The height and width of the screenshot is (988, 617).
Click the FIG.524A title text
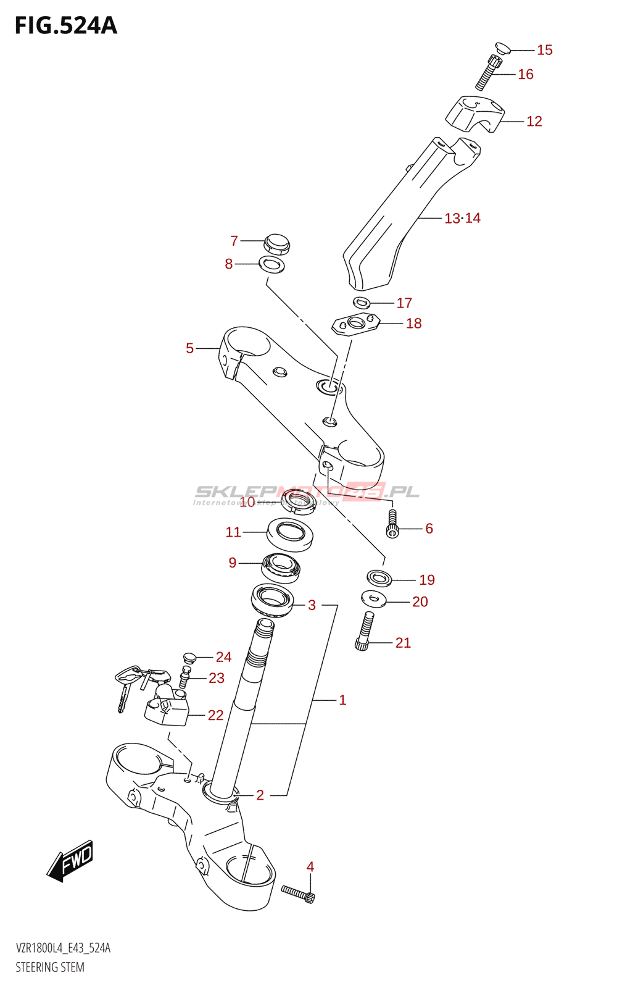[x=65, y=25]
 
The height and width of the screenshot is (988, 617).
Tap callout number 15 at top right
[x=544, y=50]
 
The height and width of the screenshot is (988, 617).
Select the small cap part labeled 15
[x=502, y=48]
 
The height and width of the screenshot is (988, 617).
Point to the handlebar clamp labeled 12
[x=474, y=115]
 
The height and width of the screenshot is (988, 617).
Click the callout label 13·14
[x=462, y=218]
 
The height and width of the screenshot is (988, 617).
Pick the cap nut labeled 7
[x=276, y=244]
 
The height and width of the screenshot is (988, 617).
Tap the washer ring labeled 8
[x=271, y=265]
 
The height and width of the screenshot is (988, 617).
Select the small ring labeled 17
[x=362, y=303]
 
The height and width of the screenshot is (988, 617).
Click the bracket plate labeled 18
[x=356, y=324]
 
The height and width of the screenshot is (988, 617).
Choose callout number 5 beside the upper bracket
[x=190, y=348]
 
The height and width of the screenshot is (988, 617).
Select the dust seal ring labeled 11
[x=291, y=534]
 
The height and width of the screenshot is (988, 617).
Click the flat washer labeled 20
[x=373, y=598]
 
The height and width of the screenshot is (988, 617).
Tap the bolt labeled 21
[x=365, y=632]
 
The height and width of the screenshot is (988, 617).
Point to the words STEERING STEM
[x=50, y=967]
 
